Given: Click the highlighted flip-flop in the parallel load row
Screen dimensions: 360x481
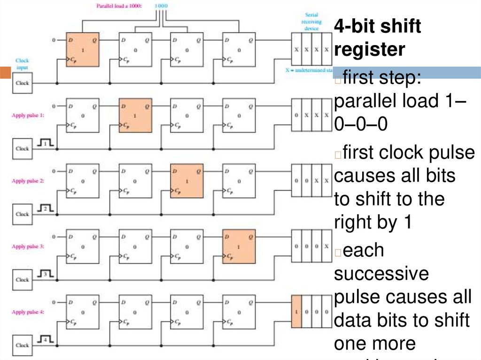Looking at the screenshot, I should (x=83, y=50).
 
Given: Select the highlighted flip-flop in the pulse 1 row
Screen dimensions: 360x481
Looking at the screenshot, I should (x=135, y=115).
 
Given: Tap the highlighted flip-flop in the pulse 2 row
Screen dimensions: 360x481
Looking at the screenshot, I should (x=187, y=181).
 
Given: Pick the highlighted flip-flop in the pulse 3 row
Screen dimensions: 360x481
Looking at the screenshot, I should (x=239, y=246).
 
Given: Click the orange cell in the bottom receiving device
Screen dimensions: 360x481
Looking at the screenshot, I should (x=296, y=312).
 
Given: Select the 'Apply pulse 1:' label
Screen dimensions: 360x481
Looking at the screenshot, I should (x=28, y=115).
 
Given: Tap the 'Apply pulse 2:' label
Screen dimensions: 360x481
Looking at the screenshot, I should (x=28, y=181).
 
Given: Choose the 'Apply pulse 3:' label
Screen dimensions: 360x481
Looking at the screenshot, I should (x=28, y=246).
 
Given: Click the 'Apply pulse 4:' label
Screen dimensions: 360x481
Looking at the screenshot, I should (x=28, y=312).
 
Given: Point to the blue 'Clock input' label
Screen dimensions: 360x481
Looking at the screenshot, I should (x=22, y=64).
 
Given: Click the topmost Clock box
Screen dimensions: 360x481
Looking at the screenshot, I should (x=22, y=83).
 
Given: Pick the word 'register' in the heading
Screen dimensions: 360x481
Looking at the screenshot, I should (x=369, y=49).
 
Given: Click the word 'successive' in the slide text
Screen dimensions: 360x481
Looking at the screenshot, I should (x=381, y=273).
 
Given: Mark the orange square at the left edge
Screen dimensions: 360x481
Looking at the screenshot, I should (x=5, y=73).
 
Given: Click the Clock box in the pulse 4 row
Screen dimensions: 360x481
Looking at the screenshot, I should (x=22, y=345).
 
